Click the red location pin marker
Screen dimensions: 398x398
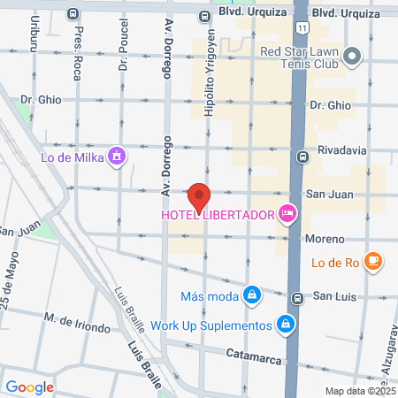199,197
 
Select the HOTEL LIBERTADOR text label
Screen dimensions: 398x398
218,215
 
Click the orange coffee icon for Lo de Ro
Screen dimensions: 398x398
375,260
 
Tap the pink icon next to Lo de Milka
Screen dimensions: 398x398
117,158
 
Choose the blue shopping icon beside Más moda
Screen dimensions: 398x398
253,295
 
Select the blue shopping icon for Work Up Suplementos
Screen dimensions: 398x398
285,325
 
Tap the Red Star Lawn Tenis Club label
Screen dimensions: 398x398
299,57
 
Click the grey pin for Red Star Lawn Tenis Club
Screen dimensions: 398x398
353,57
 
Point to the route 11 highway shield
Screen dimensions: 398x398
303,29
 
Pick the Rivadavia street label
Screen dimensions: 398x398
341,150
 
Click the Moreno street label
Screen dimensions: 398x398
325,239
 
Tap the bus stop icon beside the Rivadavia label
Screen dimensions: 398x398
302,157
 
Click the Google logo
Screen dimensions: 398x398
30,387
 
